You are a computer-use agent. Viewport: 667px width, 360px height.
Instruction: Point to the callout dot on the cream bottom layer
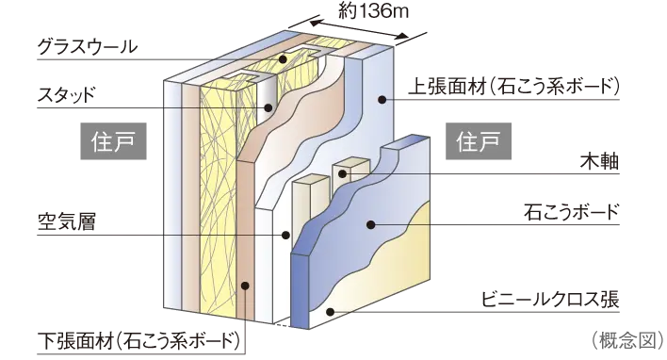point(329,312)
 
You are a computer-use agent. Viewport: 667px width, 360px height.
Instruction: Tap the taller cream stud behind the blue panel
point(304,203)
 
